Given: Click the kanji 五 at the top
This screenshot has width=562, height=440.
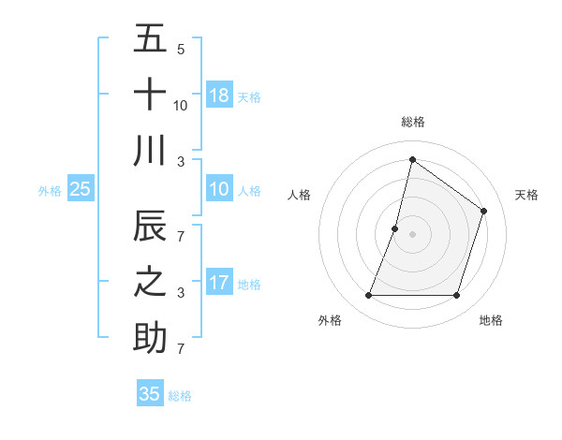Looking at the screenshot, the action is (150, 38).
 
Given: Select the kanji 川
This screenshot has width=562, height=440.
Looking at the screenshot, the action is (150, 151).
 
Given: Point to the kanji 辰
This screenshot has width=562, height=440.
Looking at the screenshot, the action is (150, 227).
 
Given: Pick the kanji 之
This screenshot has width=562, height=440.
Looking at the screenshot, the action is (150, 283).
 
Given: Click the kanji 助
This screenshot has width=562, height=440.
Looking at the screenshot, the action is (150, 338).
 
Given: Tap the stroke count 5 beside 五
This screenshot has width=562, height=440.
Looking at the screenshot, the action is (180, 50).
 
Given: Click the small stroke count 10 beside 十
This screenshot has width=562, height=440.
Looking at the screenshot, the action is (181, 106).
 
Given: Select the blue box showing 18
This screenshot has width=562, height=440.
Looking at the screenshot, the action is (219, 95).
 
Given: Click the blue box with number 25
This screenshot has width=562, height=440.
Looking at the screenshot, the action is (80, 189).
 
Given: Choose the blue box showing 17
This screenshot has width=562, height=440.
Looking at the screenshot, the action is (219, 283).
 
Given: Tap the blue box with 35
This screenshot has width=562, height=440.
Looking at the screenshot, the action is (150, 394).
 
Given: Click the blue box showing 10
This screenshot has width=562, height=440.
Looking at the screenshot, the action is (219, 189).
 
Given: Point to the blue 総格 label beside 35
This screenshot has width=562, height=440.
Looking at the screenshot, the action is (180, 396).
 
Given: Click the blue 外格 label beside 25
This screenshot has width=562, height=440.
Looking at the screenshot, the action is (50, 191).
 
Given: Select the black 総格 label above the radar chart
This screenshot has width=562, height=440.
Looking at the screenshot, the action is (413, 122).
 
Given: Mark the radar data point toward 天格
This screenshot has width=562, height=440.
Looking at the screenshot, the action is (484, 211).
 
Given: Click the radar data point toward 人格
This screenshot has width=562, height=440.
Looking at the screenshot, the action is (395, 228).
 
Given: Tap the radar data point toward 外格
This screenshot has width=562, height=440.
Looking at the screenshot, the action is (368, 296).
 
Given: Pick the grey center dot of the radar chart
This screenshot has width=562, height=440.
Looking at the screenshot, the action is (413, 234).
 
